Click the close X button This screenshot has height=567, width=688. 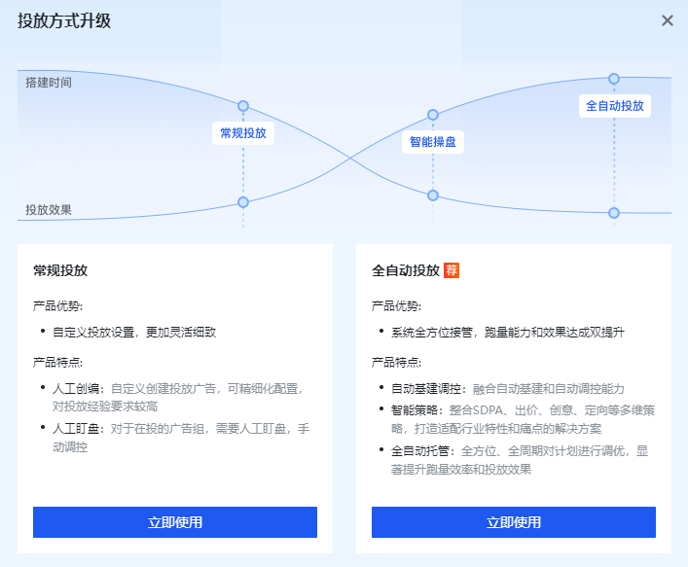(668, 20)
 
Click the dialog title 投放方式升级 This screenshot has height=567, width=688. (64, 20)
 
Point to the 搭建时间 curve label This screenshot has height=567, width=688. (49, 83)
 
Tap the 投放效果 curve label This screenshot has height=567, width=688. (49, 209)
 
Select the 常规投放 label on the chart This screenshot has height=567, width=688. (243, 133)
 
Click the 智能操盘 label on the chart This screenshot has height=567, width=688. (433, 142)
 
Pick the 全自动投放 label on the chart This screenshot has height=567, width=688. (614, 105)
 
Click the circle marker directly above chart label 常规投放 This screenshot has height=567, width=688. (243, 105)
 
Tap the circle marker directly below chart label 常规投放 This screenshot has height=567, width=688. (243, 202)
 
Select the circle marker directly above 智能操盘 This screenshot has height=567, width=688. (433, 116)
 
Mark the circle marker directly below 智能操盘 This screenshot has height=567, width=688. (433, 195)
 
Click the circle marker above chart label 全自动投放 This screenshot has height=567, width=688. (614, 78)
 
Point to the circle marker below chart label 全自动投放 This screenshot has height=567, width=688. (614, 212)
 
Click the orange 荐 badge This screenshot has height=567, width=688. (452, 270)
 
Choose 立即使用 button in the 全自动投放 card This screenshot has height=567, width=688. (514, 522)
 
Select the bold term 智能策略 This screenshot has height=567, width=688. (415, 410)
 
